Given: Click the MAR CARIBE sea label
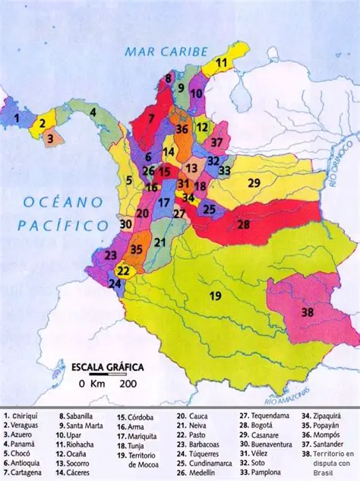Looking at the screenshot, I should click(x=167, y=52).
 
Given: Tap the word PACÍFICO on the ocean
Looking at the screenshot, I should click(x=55, y=225).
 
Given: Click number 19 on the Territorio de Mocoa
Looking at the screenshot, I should click(x=215, y=295).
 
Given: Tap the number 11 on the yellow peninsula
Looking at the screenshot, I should click(x=221, y=62).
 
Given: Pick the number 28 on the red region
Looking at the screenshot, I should click(x=243, y=224).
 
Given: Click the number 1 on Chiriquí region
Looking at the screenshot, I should click(x=16, y=119).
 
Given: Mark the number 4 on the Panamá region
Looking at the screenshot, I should click(x=92, y=112).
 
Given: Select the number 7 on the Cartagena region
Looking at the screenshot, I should click(x=151, y=119).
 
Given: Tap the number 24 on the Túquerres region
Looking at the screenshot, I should click(x=115, y=284).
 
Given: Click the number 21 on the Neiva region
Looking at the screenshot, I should click(x=159, y=242).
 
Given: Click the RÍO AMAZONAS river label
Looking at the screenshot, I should click(x=289, y=394).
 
